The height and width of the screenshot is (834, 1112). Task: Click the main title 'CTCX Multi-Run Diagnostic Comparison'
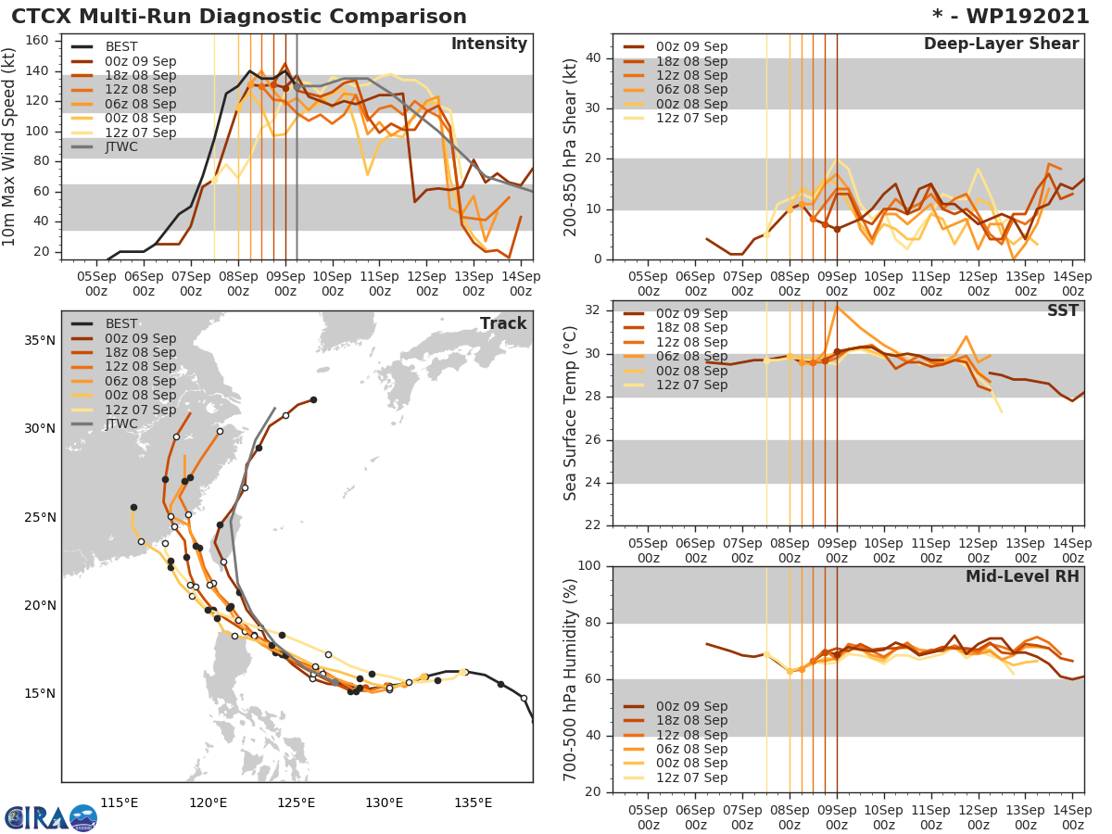coord(239,17)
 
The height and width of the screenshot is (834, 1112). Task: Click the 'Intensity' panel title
coord(488,44)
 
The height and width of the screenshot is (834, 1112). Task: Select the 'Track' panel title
coord(502,323)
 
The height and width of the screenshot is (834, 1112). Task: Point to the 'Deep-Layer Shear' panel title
coord(1001,44)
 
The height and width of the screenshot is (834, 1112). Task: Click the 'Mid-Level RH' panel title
coord(1022,576)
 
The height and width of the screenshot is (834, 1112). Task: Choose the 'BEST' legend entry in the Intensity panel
coord(121,46)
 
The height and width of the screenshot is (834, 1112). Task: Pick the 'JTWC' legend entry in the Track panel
coord(121,424)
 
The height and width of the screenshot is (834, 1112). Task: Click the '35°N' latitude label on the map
coord(39,340)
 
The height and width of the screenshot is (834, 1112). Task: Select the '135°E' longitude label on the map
coord(473,802)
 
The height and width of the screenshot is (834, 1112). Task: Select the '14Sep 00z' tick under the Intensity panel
coord(520,284)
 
